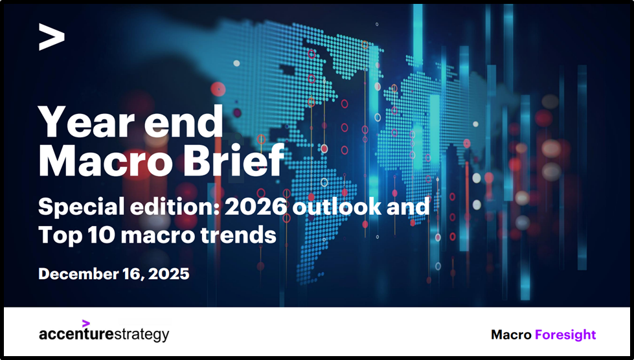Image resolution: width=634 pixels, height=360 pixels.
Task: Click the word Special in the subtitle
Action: point(74,208)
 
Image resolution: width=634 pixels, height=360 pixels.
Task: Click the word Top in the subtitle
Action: point(59,236)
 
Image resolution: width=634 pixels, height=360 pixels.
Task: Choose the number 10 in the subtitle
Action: point(102,236)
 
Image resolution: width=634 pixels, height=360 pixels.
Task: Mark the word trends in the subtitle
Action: point(239,236)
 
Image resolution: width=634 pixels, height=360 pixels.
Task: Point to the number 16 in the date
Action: point(129,274)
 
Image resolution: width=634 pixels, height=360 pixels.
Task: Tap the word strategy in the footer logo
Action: point(141,335)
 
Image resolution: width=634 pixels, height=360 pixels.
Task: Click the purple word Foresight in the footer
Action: point(565,335)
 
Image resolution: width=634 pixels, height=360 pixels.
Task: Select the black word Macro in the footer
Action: point(511,335)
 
